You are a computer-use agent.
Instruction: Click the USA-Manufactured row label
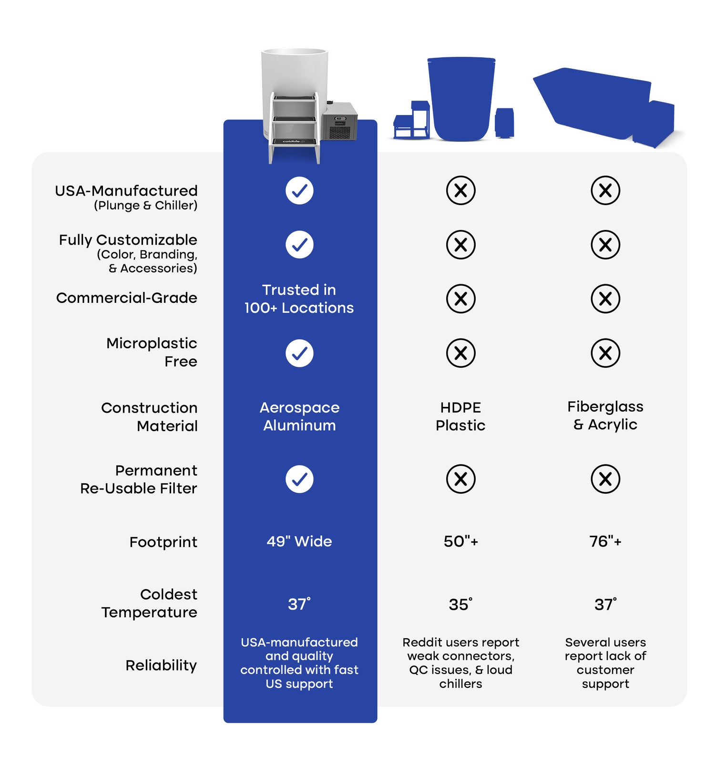click(126, 197)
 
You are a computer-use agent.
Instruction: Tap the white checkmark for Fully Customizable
click(299, 245)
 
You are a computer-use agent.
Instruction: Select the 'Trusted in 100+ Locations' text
click(299, 299)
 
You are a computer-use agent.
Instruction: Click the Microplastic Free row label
click(152, 352)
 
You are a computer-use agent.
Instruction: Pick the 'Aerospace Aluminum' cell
click(299, 416)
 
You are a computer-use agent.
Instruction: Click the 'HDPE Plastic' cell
click(460, 416)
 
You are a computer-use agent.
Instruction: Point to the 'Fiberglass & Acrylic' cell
click(605, 415)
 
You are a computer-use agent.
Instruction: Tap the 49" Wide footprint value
click(299, 541)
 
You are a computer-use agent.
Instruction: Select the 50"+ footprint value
click(460, 541)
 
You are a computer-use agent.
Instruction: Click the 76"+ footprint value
click(605, 541)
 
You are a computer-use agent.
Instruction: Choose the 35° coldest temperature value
click(460, 604)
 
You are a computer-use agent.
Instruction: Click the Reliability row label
click(161, 665)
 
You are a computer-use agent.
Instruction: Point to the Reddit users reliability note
click(460, 663)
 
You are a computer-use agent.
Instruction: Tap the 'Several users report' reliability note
click(605, 663)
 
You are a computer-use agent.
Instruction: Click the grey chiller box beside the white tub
click(339, 121)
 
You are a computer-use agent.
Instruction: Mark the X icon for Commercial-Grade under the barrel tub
click(460, 299)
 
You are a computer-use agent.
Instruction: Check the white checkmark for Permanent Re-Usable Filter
click(299, 479)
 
